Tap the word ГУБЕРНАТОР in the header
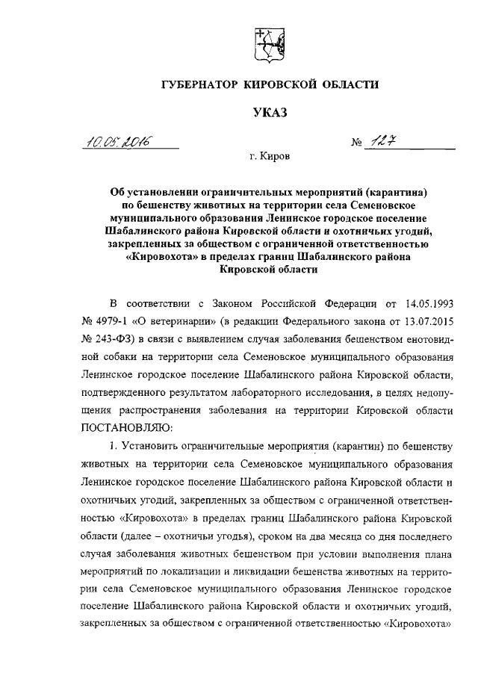tap(201, 85)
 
